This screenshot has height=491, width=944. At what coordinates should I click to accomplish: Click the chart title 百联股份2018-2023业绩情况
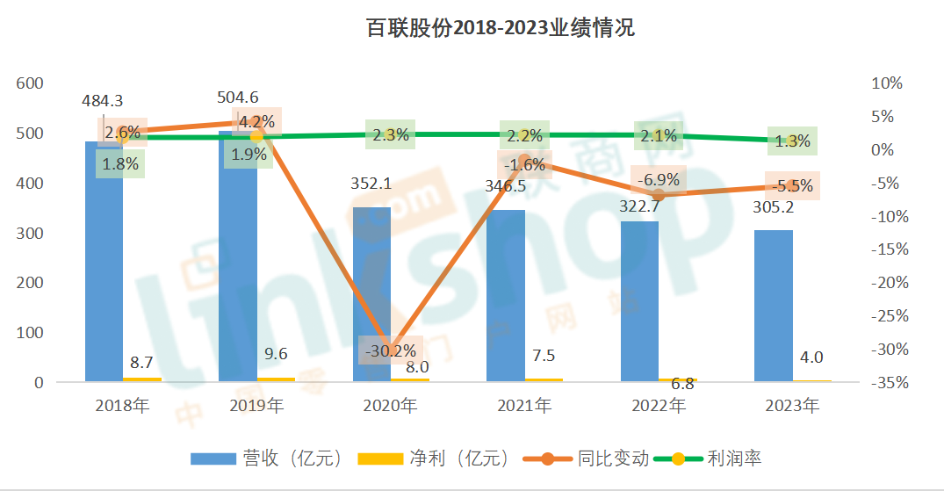pos(500,28)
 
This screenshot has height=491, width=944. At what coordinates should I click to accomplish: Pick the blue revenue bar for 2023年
pos(773,307)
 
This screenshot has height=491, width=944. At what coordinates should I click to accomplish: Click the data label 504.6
pos(237,97)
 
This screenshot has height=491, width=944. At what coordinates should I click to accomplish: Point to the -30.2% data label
pos(390,349)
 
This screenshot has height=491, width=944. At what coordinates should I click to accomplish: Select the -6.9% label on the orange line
pos(658,180)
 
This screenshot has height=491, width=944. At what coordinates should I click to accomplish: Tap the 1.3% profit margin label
pos(791,141)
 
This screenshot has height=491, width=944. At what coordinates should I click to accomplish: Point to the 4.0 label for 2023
pos(811,357)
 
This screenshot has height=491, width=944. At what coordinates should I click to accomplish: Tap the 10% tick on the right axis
pos(886,83)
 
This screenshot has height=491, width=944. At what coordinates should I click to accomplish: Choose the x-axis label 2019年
pos(256,406)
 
